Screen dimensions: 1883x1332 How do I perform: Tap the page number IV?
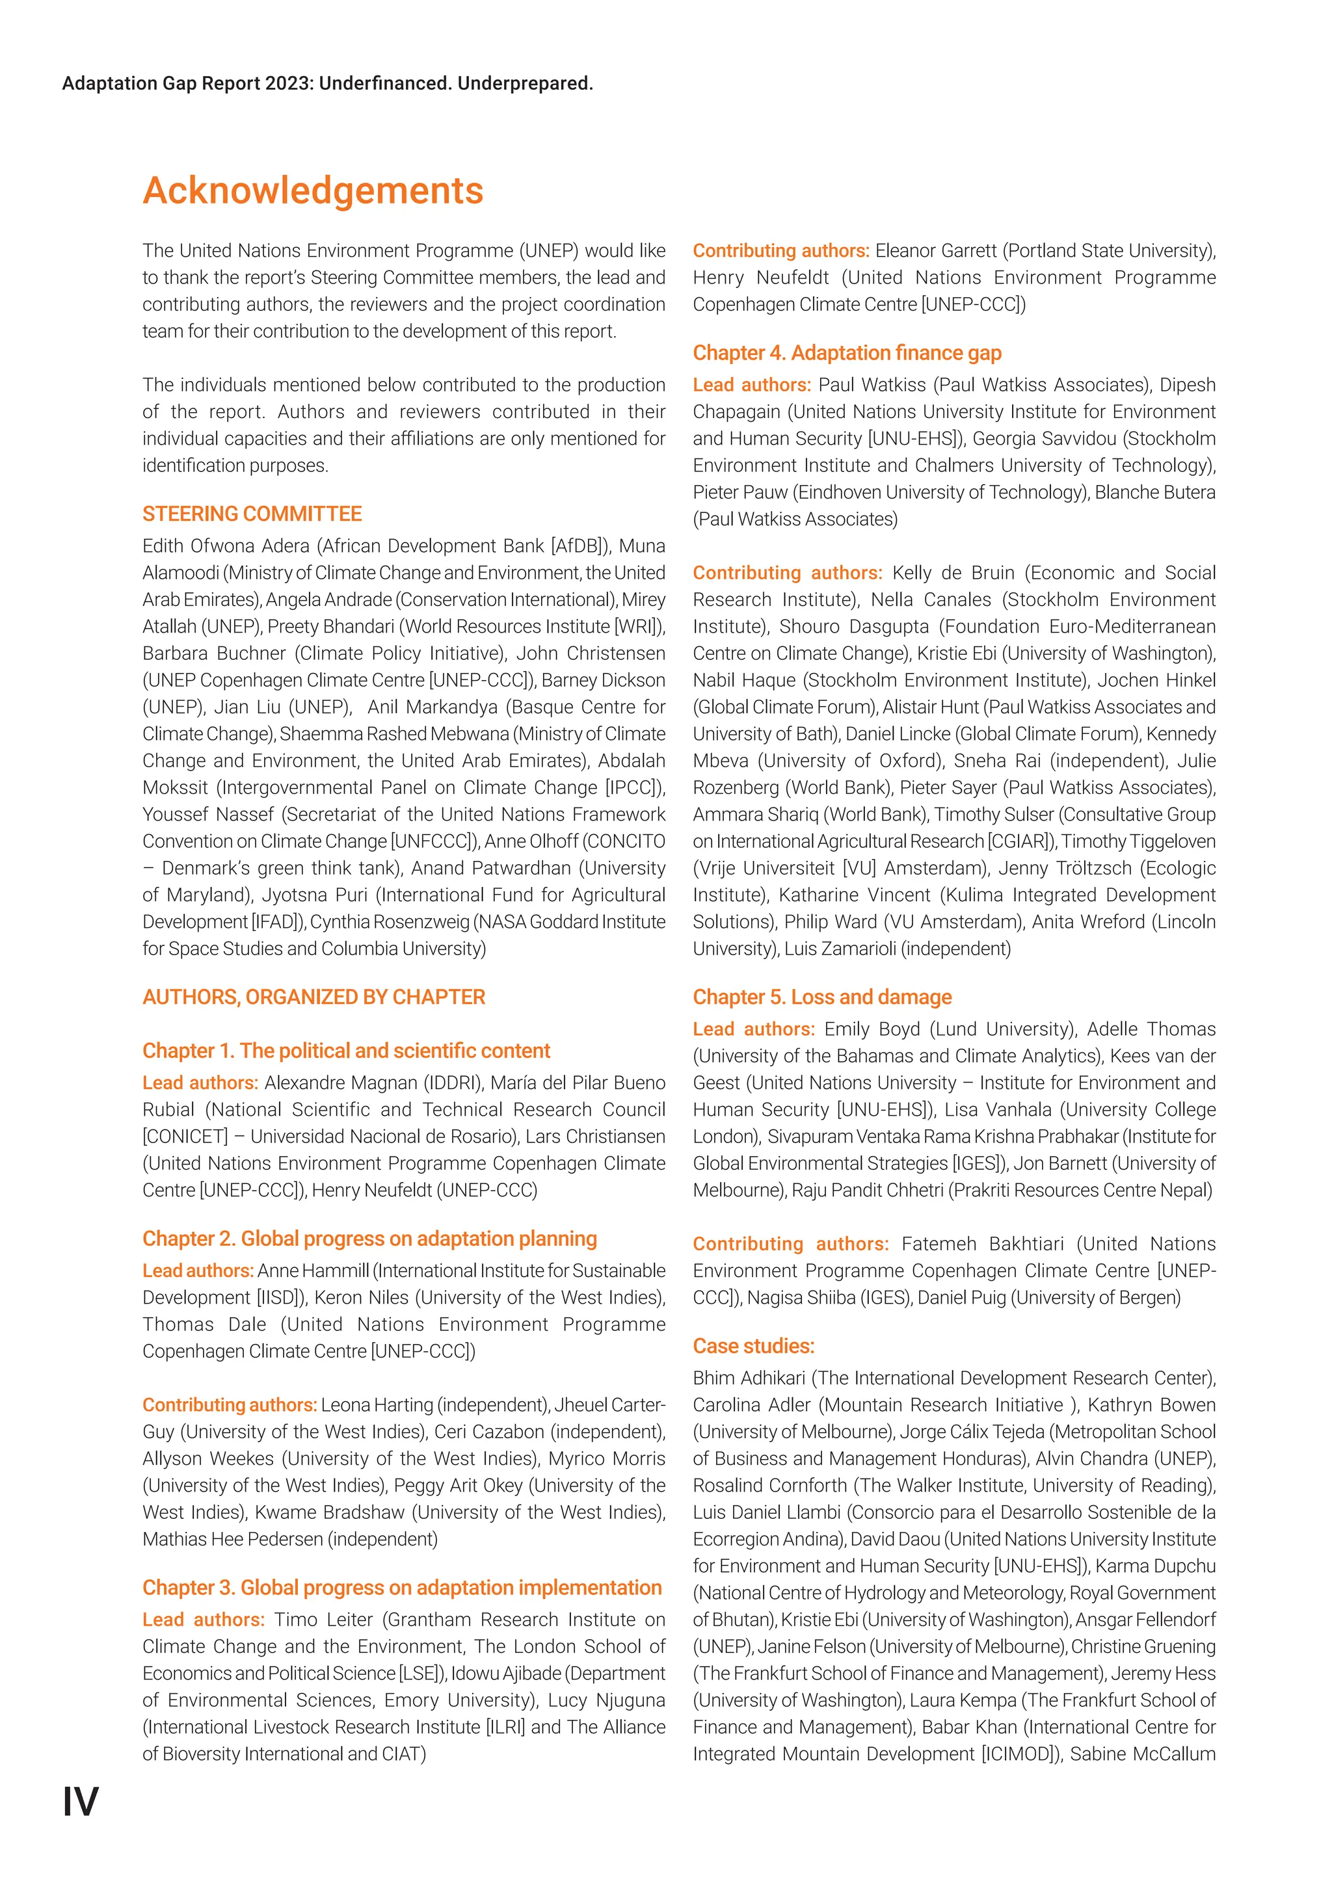pyautogui.click(x=81, y=1802)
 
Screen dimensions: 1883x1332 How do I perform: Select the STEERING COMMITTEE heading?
pyautogui.click(x=252, y=514)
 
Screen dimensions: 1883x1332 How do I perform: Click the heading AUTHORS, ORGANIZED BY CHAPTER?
pyautogui.click(x=313, y=997)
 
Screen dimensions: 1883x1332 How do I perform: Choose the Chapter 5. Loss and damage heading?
pyautogui.click(x=822, y=997)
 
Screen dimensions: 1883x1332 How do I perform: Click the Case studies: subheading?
pyautogui.click(x=753, y=1346)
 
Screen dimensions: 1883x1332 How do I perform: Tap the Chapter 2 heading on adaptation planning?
pyautogui.click(x=369, y=1239)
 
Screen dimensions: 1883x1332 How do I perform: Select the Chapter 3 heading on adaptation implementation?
pyautogui.click(x=402, y=1588)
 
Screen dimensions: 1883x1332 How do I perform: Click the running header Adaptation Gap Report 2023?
pyautogui.click(x=327, y=84)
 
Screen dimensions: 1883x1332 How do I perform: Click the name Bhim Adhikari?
pyautogui.click(x=749, y=1378)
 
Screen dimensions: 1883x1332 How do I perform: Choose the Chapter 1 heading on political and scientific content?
pyautogui.click(x=346, y=1051)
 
